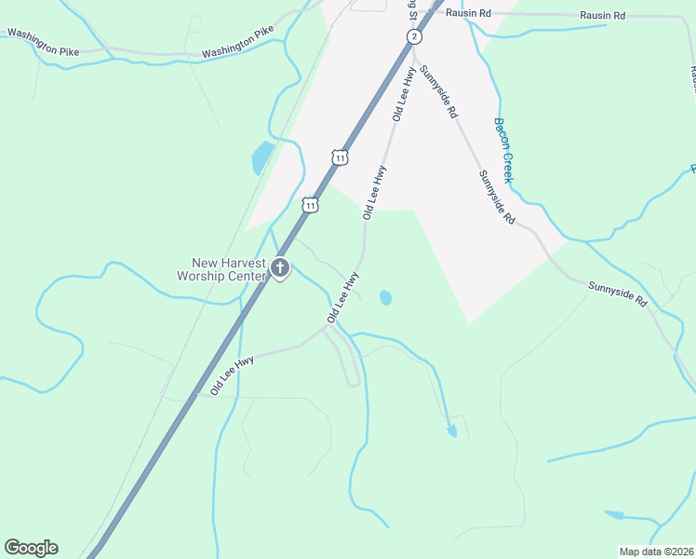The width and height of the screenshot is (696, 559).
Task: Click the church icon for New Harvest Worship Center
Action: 280,270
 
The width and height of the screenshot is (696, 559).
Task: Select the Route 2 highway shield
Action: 414,36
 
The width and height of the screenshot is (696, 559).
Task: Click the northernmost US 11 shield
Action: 340,157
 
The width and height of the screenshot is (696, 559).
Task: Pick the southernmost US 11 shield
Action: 311,204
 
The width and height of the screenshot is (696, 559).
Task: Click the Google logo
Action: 31,548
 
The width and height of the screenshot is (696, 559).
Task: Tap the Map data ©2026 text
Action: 656,552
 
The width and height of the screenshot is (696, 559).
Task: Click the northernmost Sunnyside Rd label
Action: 437,91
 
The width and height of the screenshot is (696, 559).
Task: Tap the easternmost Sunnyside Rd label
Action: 617,293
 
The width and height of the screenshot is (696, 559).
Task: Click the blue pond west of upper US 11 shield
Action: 262,158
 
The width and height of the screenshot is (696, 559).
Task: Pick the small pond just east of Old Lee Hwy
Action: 385,298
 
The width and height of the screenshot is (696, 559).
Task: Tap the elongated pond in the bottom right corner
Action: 614,514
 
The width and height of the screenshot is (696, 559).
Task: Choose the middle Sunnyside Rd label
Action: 497,197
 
